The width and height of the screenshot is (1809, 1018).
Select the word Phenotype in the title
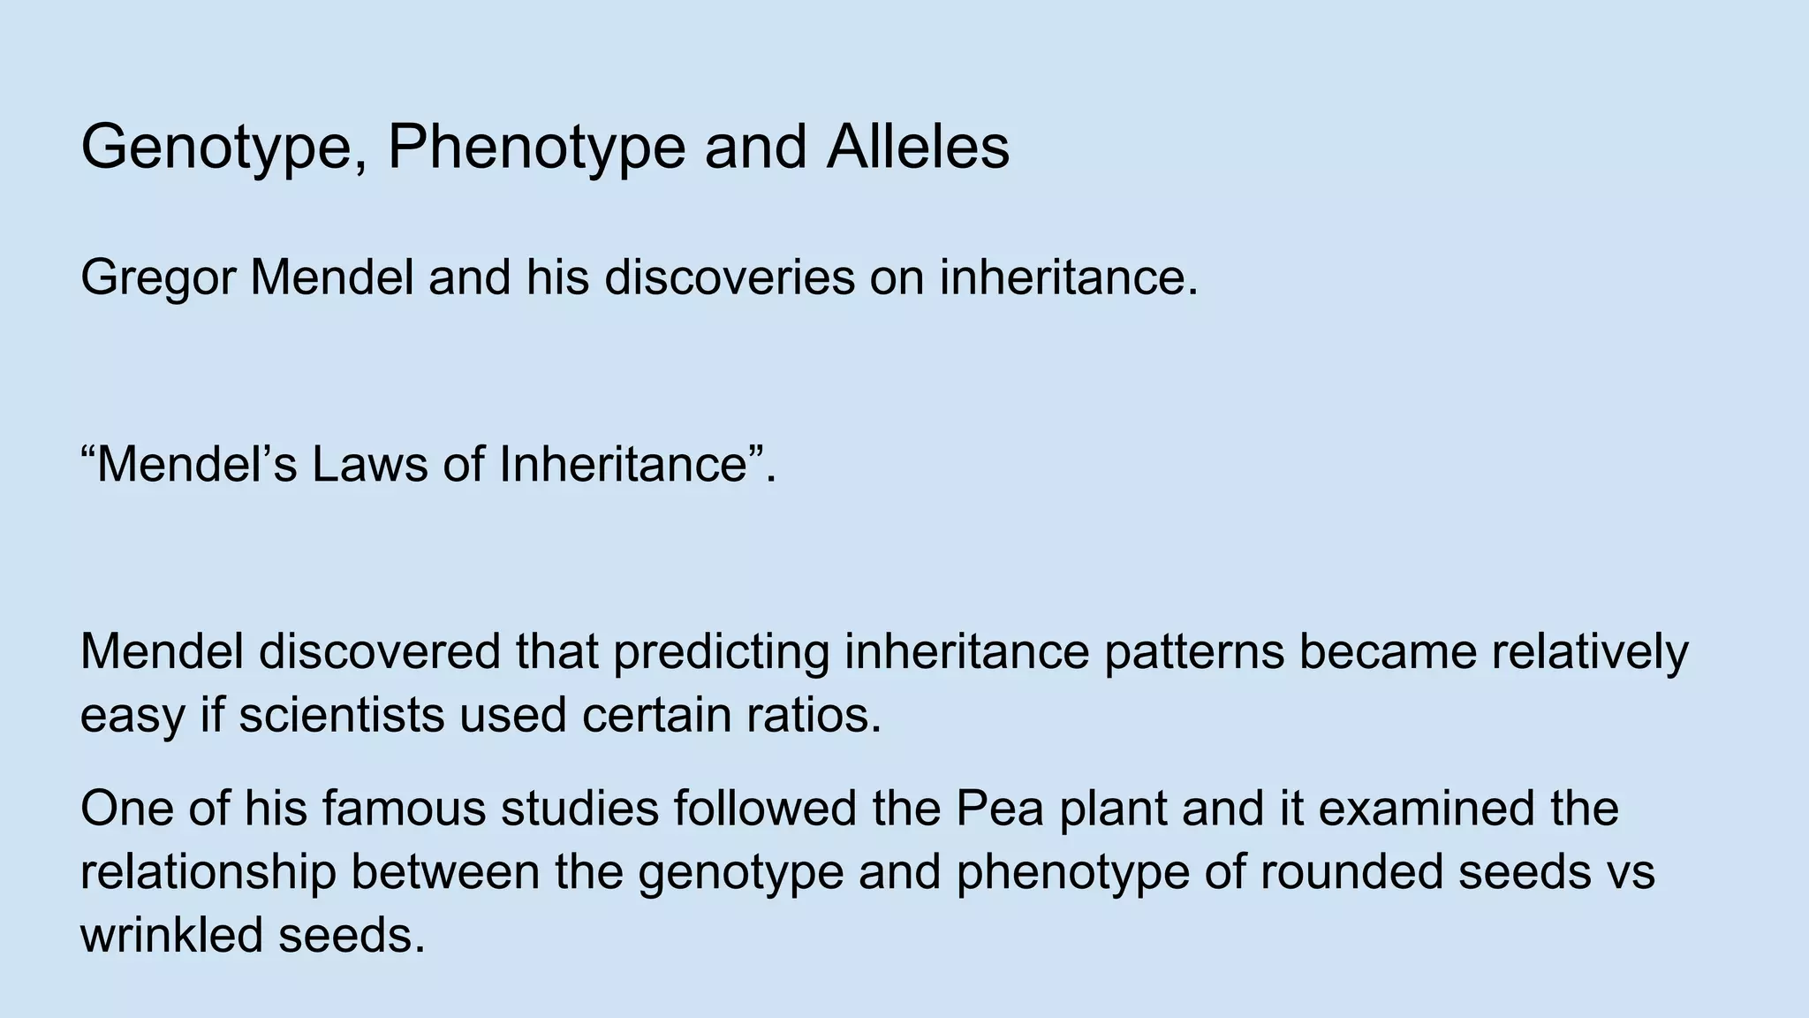[x=536, y=148]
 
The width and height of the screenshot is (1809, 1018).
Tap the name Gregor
[x=158, y=279]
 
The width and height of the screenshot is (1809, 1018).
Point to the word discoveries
[x=730, y=277]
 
